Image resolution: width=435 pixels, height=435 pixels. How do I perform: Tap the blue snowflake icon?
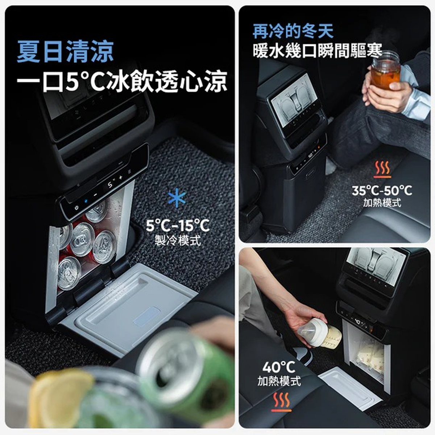[177, 198]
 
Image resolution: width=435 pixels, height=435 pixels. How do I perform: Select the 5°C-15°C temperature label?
[178, 225]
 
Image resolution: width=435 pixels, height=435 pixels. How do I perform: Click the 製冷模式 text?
[178, 240]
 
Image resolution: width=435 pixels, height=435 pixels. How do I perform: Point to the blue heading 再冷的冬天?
[293, 32]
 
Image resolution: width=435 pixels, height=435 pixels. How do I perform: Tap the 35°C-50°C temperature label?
[382, 191]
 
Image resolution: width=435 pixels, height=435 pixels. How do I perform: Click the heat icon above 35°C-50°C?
[382, 169]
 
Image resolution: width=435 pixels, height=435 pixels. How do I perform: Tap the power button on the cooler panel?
[76, 207]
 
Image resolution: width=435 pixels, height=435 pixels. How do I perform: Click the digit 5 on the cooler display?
[110, 185]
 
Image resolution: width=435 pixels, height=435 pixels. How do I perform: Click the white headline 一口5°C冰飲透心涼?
[122, 81]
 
